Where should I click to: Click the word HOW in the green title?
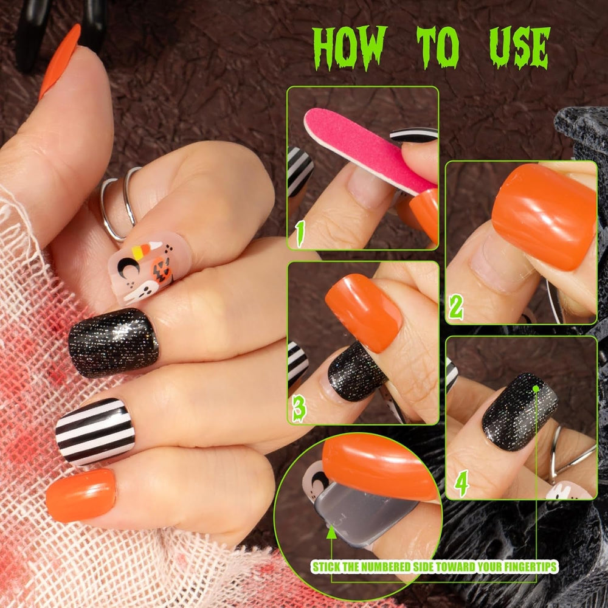click(x=350, y=47)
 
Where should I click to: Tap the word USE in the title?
click(x=520, y=47)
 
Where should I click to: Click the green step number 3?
click(x=300, y=409)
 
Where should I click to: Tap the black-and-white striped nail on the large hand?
click(x=95, y=431)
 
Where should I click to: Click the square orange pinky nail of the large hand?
click(x=80, y=496)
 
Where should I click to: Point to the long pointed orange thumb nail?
click(x=60, y=61)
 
